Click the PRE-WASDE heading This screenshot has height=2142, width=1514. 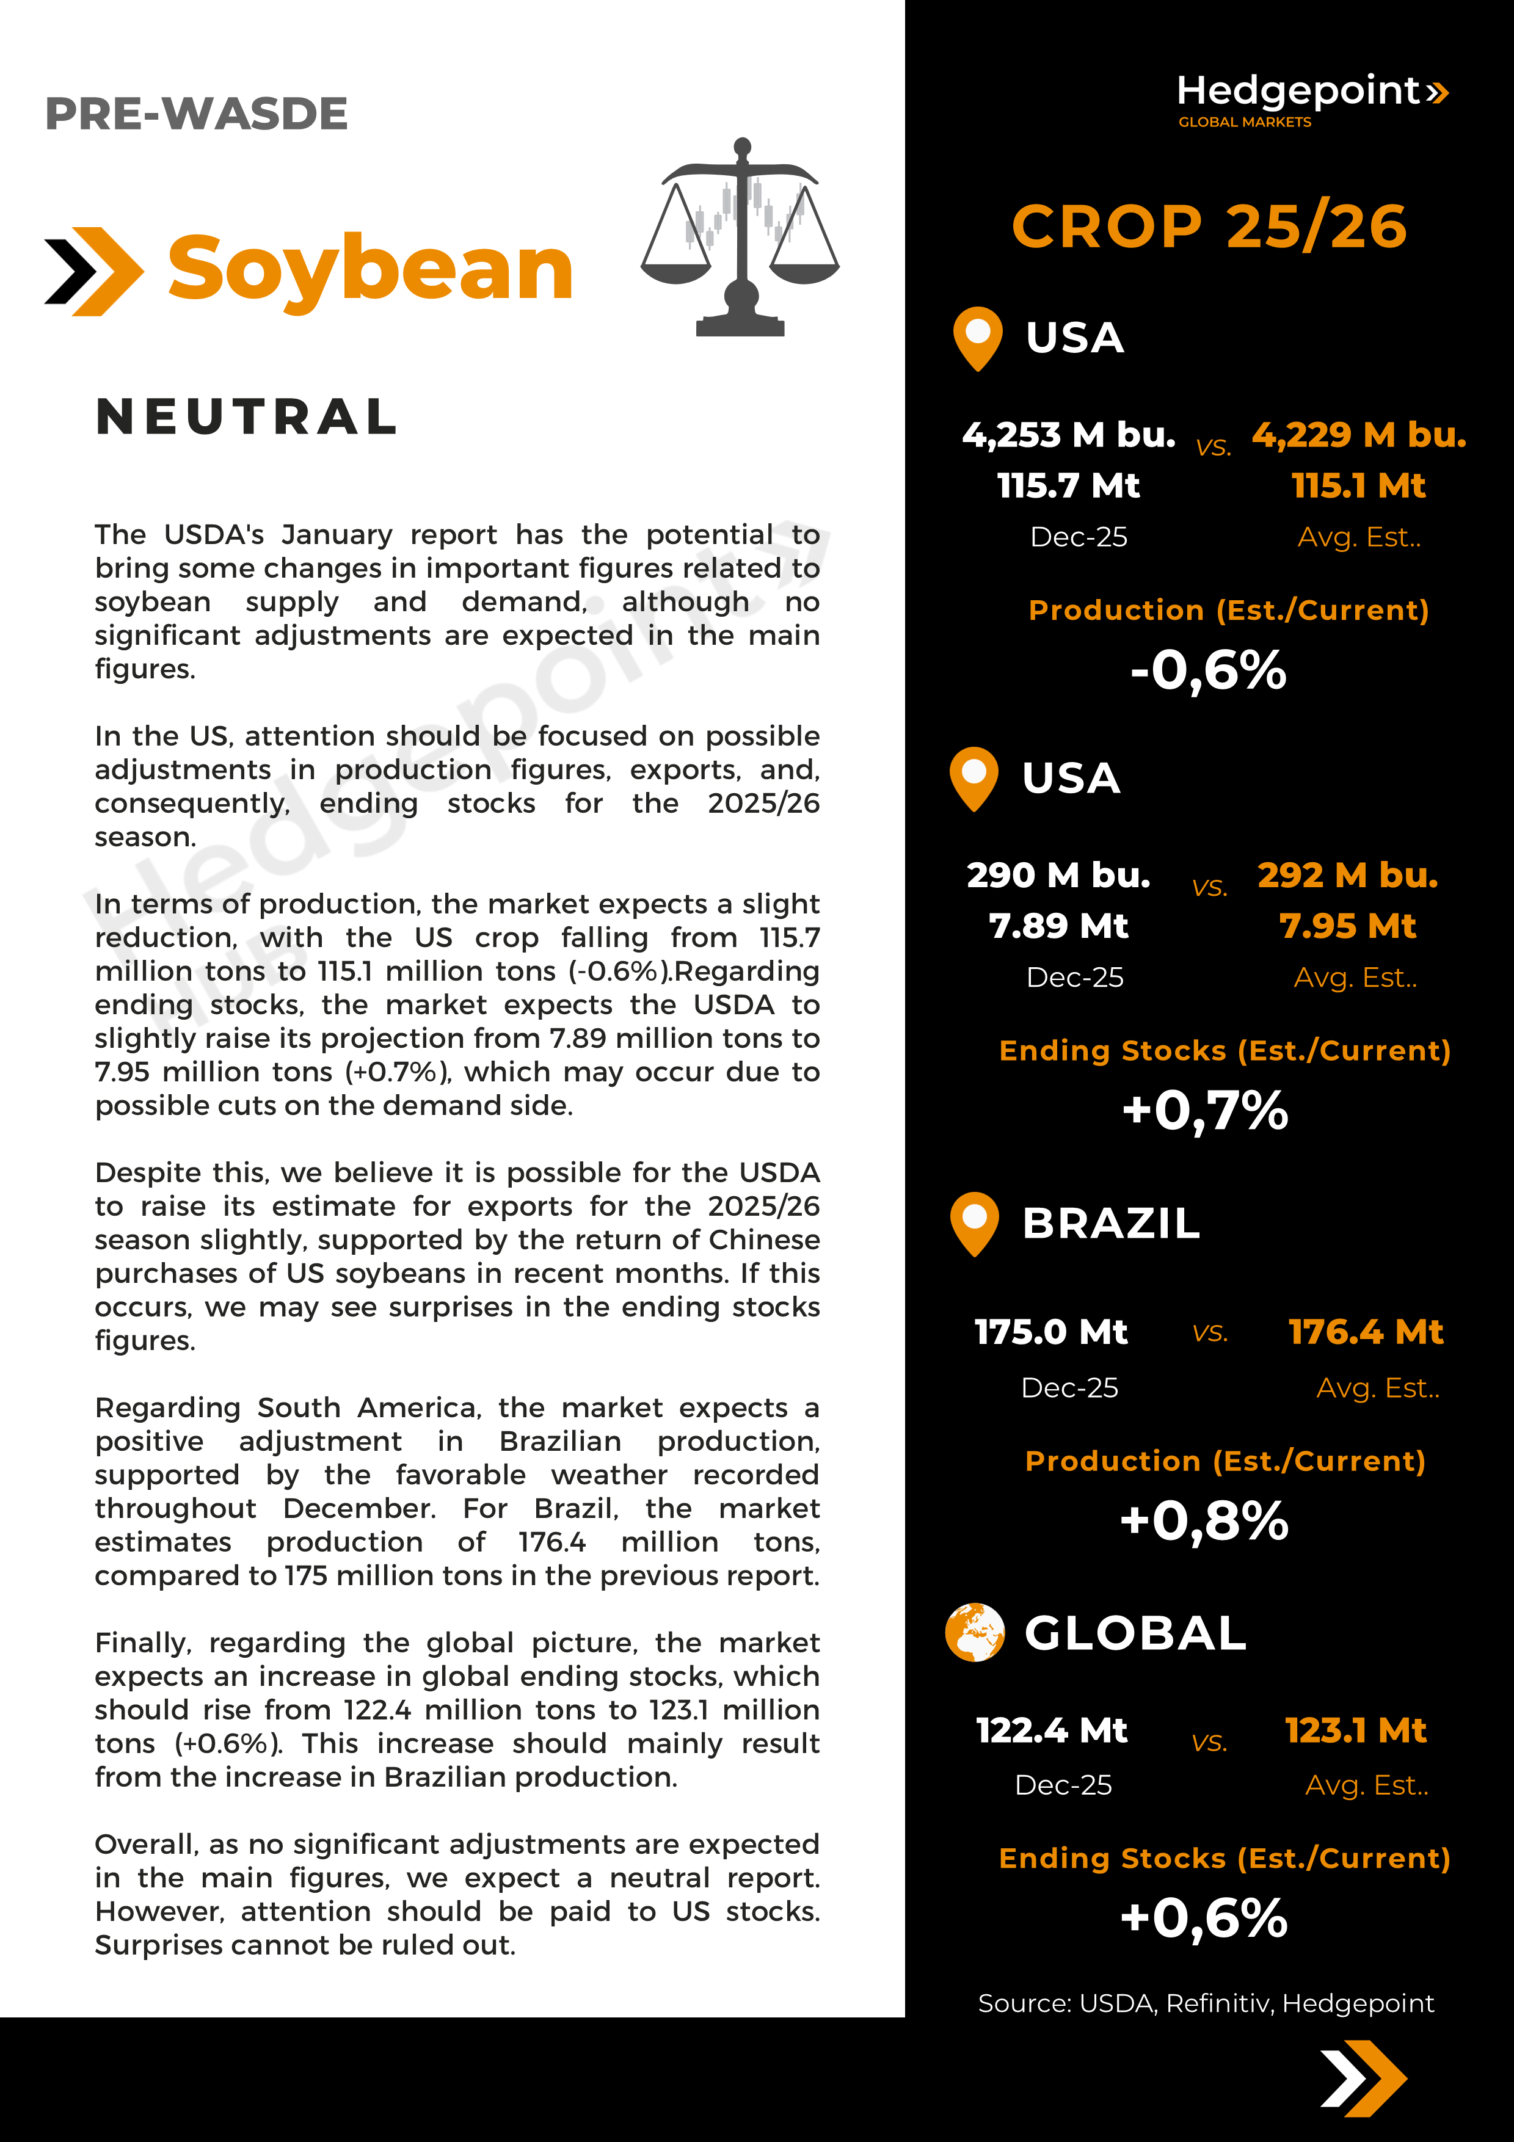click(x=196, y=114)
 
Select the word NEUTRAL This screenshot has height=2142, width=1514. click(x=247, y=417)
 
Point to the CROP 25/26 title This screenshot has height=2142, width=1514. click(x=1209, y=227)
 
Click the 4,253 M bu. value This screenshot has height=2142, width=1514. click(x=1069, y=435)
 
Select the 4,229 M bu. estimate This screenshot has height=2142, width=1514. click(x=1358, y=435)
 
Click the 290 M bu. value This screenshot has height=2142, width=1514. click(x=1059, y=875)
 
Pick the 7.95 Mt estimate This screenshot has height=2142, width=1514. click(x=1347, y=926)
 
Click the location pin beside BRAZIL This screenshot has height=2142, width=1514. click(x=974, y=1222)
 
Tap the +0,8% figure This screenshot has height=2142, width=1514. click(x=1204, y=1520)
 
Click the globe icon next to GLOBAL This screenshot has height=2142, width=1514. click(x=975, y=1633)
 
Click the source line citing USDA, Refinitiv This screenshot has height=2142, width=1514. click(x=1205, y=2003)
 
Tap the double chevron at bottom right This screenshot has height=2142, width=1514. click(x=1363, y=2078)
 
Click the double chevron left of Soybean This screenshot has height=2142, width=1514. click(x=94, y=272)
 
